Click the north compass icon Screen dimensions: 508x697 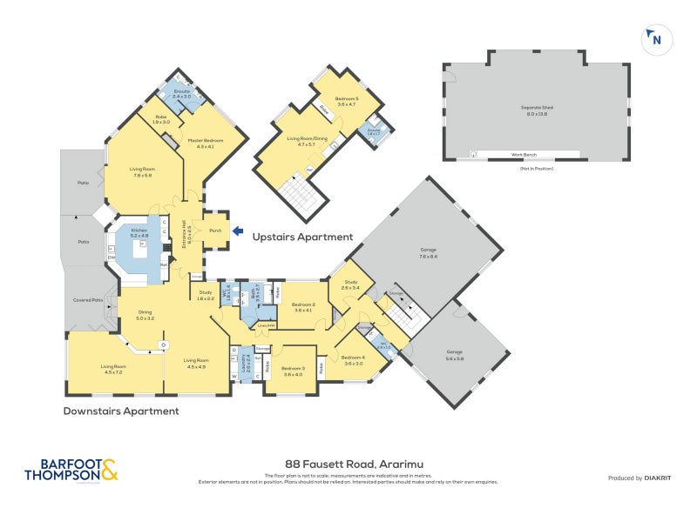pos(653,38)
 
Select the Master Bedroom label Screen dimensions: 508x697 pos(205,144)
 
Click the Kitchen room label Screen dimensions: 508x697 pos(139,232)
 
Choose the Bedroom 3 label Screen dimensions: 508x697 pos(288,371)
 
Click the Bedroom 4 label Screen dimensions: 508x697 pos(353,360)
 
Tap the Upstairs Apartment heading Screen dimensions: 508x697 pos(302,237)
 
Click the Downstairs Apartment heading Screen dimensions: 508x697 pos(121,411)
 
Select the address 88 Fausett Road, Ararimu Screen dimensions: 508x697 pos(348,465)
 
